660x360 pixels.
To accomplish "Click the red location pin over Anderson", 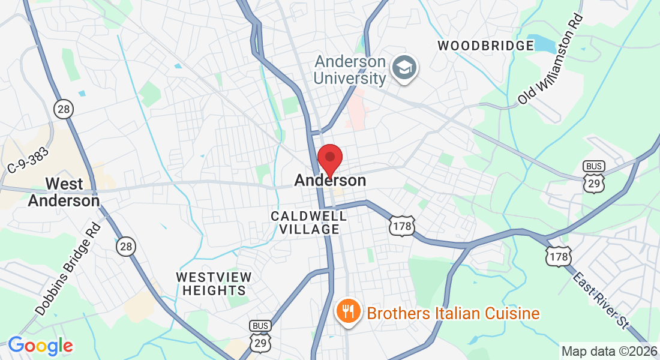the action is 329,158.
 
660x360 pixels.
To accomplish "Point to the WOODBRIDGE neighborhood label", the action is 485,46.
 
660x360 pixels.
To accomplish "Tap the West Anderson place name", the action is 64,191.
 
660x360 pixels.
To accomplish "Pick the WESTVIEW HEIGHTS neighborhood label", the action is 214,283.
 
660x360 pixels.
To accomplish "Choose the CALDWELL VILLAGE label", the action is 308,222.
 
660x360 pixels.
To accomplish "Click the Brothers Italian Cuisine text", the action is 453,313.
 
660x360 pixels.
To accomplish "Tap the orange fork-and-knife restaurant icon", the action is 347,311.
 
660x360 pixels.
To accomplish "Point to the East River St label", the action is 601,301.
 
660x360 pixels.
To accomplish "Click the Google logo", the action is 40,346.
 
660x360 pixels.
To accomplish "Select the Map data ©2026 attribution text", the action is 608,351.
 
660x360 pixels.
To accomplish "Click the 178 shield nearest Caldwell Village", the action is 400,226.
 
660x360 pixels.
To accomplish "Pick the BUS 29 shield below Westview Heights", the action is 259,337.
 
